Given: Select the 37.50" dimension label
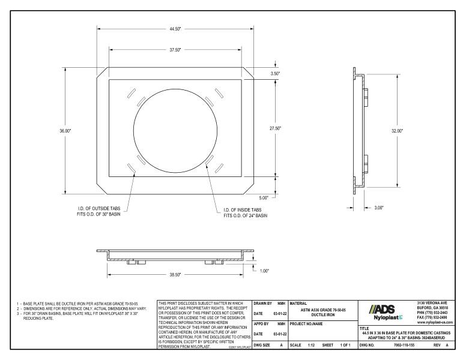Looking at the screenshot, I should point(175,50).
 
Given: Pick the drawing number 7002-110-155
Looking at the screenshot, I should point(408,346).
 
